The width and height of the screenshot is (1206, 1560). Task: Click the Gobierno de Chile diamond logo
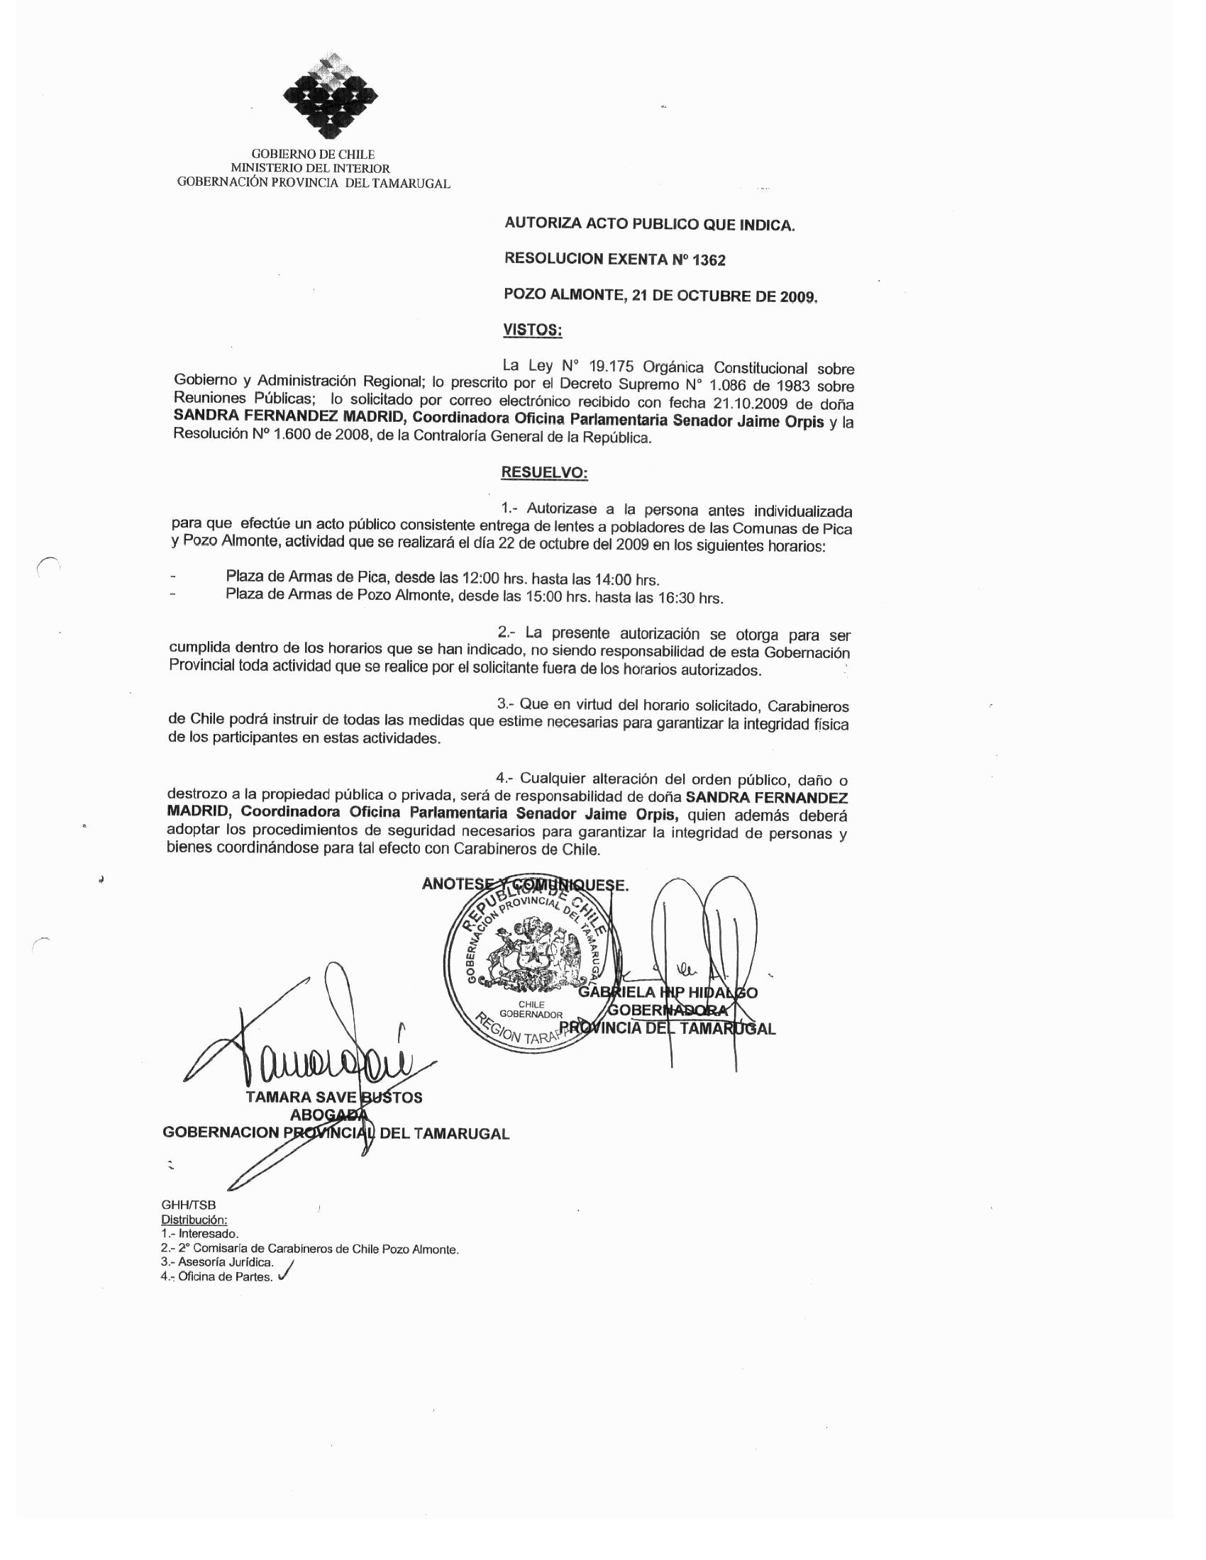[x=330, y=96]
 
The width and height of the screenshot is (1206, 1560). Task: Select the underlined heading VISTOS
[x=532, y=330]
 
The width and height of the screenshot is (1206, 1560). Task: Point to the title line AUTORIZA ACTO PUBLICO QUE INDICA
[x=648, y=224]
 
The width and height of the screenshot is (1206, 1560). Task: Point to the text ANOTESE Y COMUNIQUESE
[x=525, y=884]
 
